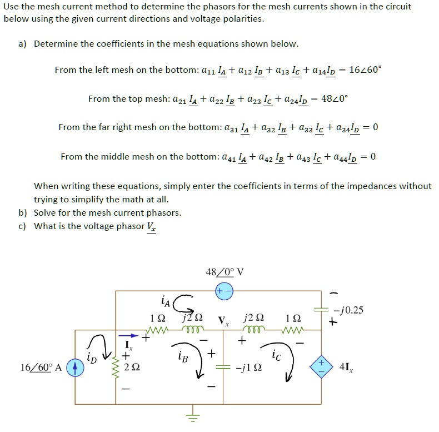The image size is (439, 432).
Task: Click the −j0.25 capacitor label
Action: (349, 310)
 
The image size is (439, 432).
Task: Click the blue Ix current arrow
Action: (127, 335)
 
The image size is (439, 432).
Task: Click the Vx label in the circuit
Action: (223, 321)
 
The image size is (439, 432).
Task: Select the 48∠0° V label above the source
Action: (225, 272)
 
